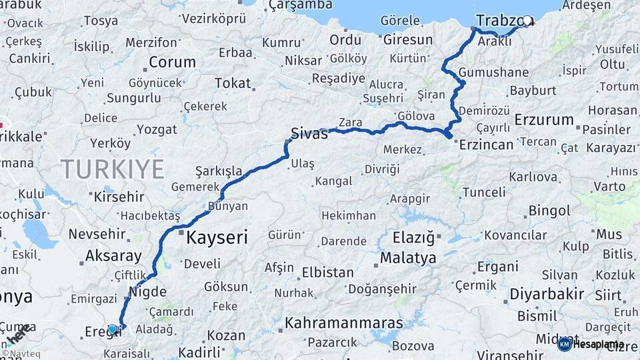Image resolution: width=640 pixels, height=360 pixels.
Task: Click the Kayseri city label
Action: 217,237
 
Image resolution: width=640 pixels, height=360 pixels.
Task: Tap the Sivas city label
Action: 309,133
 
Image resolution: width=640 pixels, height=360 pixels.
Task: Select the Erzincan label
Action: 486,145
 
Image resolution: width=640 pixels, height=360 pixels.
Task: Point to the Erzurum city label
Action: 544,121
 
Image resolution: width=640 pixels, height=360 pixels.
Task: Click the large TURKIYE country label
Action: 112,169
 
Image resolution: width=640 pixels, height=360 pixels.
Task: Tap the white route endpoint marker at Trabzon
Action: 528,21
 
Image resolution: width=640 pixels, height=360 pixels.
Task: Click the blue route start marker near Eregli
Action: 113,329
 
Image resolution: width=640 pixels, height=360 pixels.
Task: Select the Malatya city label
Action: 408,258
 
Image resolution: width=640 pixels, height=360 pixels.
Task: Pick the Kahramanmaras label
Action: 344,323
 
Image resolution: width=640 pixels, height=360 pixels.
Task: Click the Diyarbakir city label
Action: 547,294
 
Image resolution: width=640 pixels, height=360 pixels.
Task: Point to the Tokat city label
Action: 233,83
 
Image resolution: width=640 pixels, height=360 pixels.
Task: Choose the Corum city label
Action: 172,63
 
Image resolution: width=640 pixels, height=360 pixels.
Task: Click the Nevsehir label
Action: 97,234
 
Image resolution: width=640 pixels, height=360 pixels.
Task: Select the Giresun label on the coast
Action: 408,40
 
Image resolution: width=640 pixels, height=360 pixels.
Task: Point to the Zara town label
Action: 350,123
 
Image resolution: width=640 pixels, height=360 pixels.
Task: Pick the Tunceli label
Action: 483,193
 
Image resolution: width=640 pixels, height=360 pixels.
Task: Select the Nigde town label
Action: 145,291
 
